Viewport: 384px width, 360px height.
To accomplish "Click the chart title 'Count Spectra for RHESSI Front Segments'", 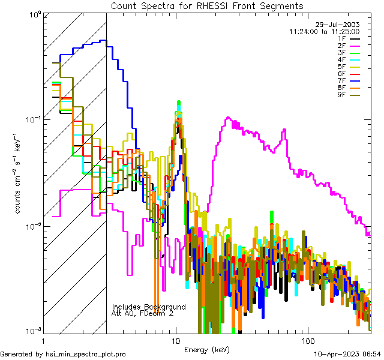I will click(x=207, y=5).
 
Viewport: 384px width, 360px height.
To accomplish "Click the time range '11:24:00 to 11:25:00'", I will click(x=324, y=31).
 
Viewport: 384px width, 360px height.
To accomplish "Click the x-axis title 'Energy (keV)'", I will click(x=207, y=349).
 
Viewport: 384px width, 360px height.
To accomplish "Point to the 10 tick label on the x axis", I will click(x=175, y=340).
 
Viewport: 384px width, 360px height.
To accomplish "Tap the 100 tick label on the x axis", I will click(x=307, y=340).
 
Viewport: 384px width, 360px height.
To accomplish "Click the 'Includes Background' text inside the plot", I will click(x=149, y=307).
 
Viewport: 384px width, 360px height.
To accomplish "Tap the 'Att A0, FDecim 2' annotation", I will click(x=143, y=313).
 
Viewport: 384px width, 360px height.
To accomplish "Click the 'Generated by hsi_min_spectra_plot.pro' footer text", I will click(x=63, y=354).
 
